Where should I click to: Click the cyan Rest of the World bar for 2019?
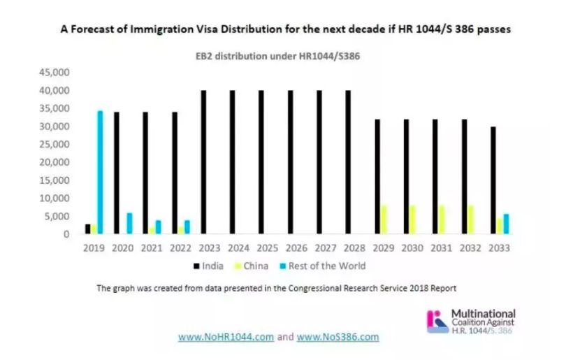click(x=100, y=172)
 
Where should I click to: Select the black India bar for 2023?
click(x=203, y=162)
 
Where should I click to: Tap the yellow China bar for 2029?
click(x=383, y=219)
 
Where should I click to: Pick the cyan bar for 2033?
click(x=506, y=224)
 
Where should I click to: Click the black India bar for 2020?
click(x=116, y=173)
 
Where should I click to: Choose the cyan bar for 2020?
click(x=129, y=224)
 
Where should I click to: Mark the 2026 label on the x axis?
click(x=294, y=248)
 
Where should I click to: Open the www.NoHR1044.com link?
click(x=226, y=337)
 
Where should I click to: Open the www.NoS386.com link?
click(x=338, y=337)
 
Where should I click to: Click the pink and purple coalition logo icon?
click(x=437, y=319)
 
